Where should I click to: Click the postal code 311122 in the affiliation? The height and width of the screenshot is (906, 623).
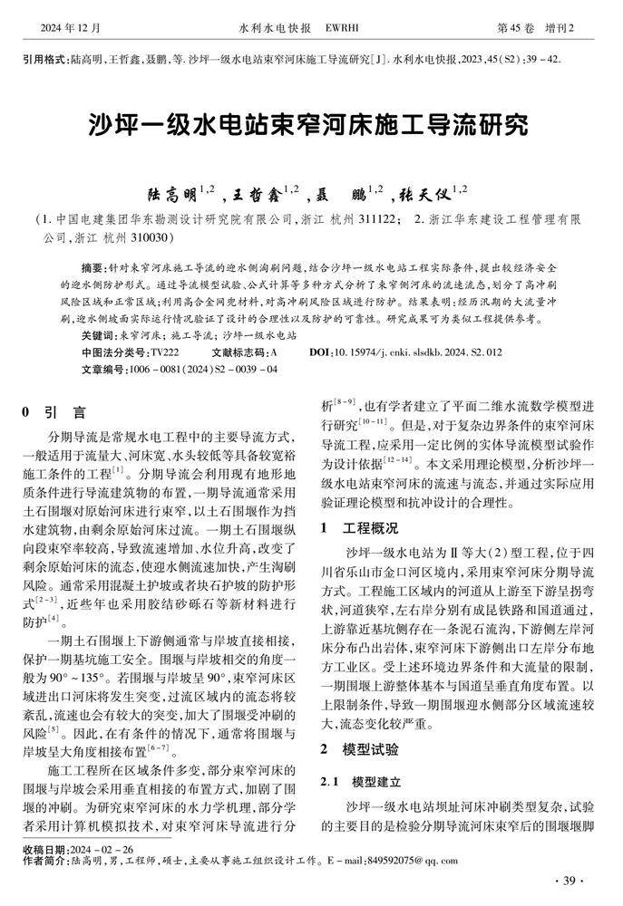pos(374,220)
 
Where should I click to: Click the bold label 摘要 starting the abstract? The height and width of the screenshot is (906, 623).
pos(92,270)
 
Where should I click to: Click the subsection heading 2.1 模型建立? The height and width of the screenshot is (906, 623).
pos(356,781)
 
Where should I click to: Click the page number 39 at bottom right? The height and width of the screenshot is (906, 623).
pos(569,882)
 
